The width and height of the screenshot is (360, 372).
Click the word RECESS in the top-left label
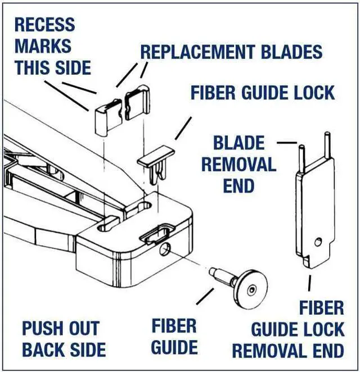coord(44,25)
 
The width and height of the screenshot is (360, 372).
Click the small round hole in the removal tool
coord(319,242)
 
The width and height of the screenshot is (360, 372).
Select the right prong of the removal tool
coord(325,145)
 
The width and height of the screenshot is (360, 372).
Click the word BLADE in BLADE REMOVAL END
coord(238,143)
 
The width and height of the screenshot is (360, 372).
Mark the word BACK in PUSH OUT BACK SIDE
coord(43,350)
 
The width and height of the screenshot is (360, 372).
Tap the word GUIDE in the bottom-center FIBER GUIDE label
coord(174,347)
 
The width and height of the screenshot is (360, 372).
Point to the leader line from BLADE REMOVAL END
coord(287,143)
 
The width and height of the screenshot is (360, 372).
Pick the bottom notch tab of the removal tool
coord(308,262)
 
